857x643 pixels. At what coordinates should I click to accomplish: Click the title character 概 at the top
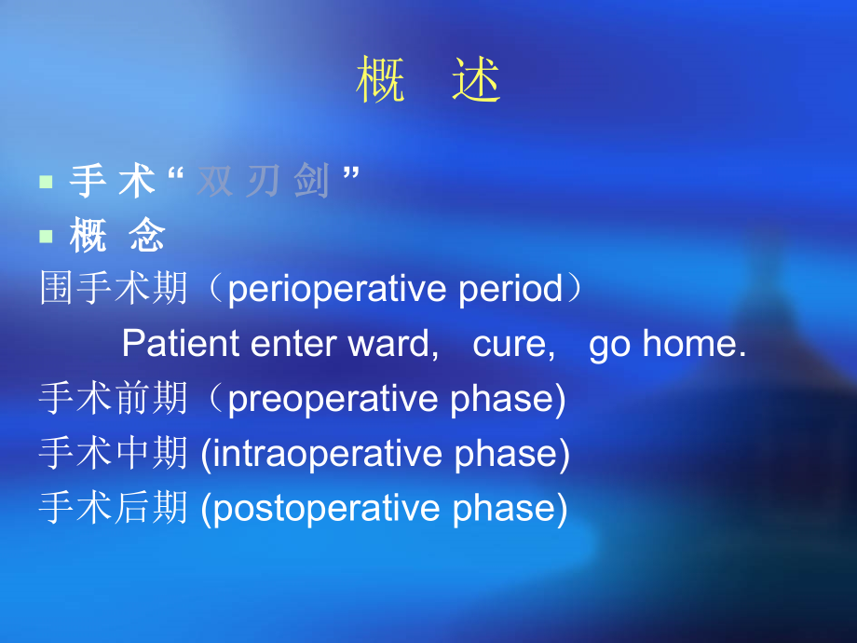382,81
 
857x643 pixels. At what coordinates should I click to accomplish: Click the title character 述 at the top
477,81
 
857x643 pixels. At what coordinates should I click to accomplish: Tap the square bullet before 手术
46,182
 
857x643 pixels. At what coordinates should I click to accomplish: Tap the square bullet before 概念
46,237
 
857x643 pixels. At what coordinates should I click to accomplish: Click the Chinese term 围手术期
114,290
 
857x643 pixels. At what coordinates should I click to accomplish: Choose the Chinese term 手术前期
114,399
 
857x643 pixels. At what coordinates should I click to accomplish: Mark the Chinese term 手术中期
114,454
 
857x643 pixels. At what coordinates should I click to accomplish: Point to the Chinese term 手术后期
114,509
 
